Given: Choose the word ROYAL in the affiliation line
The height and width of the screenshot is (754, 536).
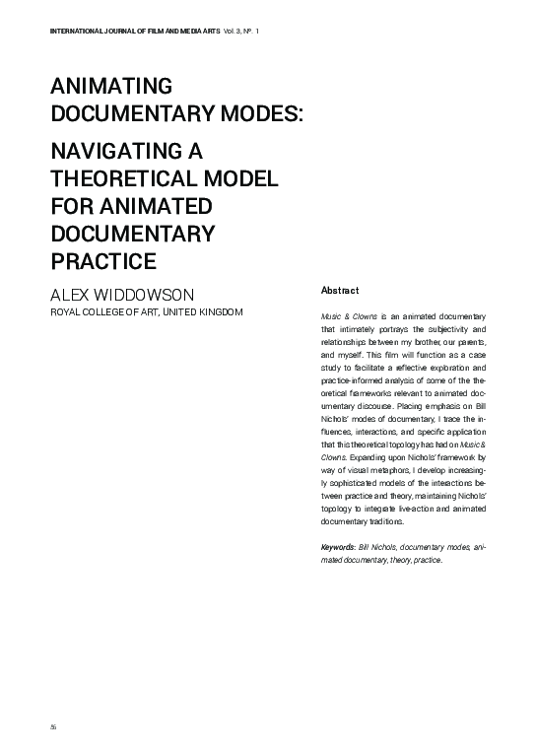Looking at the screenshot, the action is click(67, 312).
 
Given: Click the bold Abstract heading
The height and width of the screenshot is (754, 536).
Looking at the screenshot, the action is click(340, 291).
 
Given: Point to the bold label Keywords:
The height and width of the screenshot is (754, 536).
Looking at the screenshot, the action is click(340, 547).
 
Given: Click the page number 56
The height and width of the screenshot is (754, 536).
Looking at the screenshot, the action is click(53, 724).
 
